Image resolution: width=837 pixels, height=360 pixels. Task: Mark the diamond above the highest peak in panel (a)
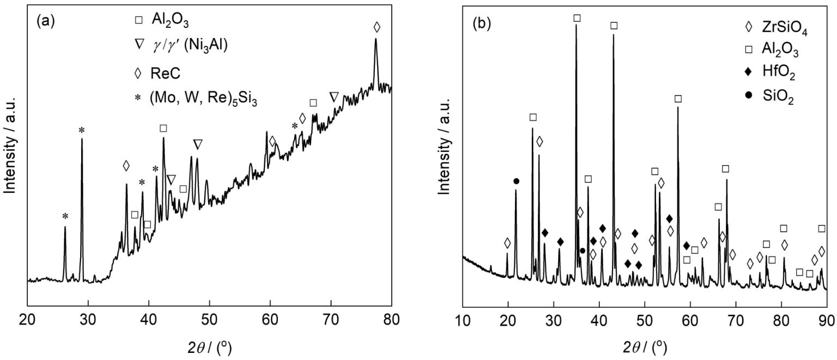377,27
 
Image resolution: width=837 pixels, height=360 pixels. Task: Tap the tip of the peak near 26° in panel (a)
65,227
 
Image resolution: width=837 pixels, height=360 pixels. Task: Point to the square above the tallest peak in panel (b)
577,18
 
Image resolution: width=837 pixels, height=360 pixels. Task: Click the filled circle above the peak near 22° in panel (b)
516,181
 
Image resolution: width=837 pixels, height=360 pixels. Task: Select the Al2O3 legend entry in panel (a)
169,20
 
